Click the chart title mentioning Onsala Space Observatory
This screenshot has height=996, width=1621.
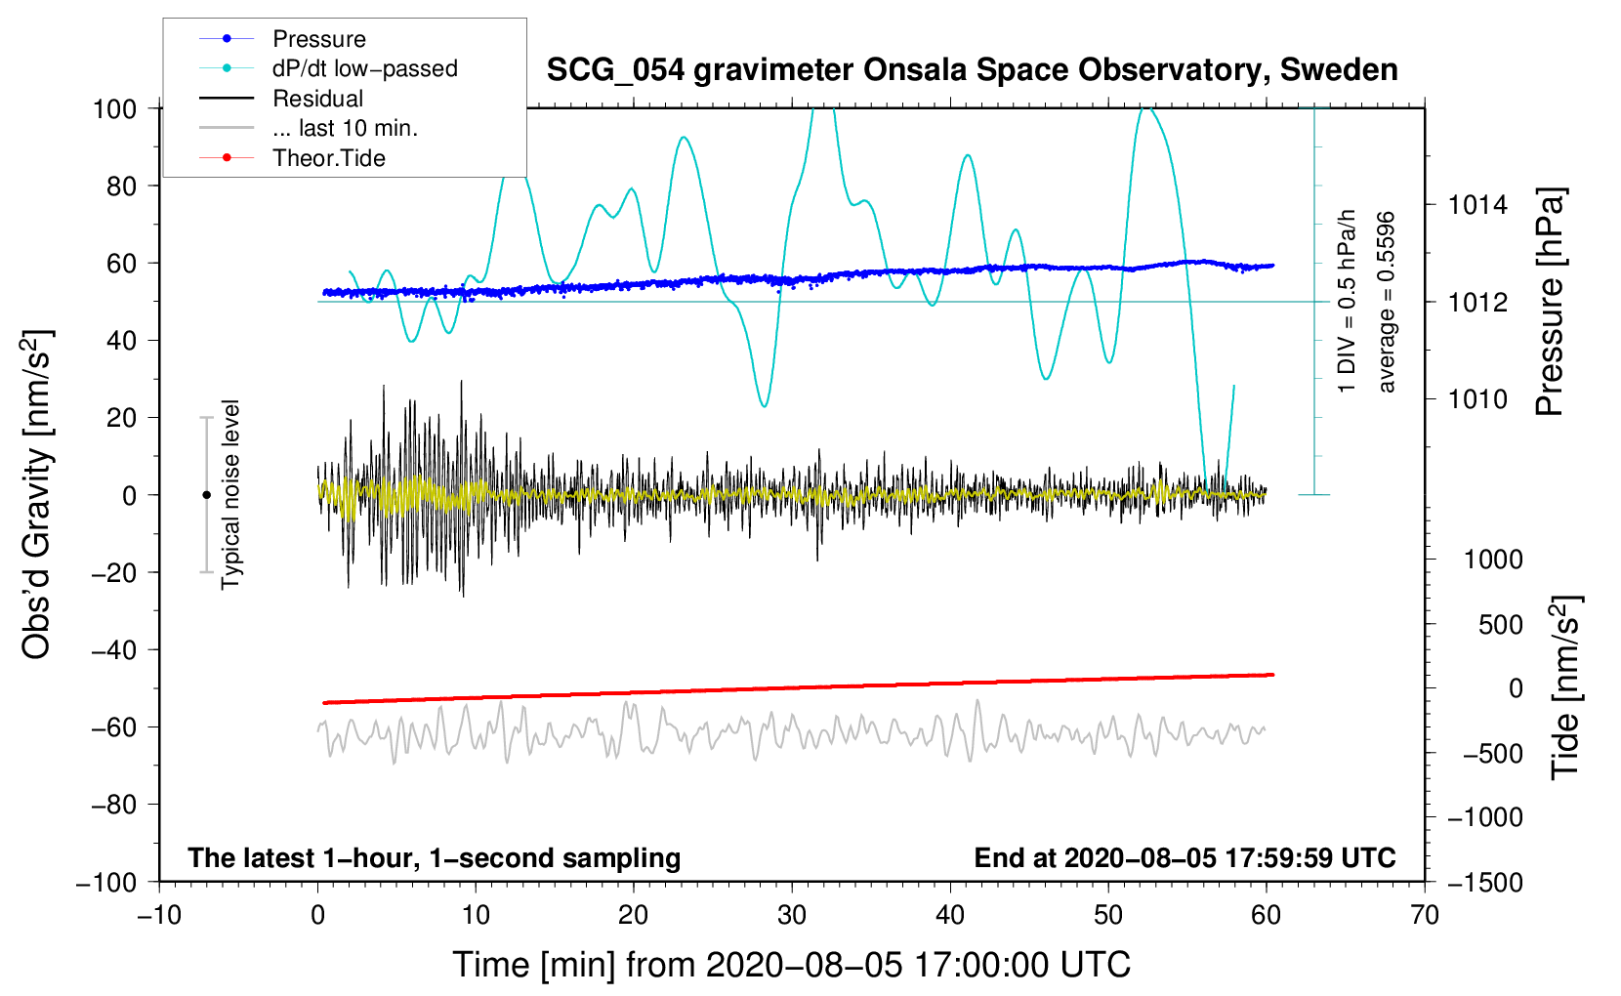[x=972, y=70]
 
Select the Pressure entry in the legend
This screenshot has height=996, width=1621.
[x=319, y=39]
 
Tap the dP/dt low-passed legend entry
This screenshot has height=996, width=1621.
[x=365, y=68]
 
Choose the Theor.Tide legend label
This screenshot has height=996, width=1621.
[x=328, y=158]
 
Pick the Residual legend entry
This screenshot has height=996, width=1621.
[x=317, y=99]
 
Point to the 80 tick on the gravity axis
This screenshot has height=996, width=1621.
[x=121, y=187]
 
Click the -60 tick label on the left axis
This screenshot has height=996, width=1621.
[x=113, y=727]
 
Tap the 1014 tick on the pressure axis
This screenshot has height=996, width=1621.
[x=1477, y=206]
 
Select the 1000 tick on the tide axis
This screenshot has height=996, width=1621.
[x=1493, y=560]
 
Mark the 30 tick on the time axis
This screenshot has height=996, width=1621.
[x=792, y=916]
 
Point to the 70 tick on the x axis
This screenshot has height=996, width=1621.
[x=1424, y=916]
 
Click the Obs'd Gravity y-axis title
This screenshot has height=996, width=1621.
[x=36, y=494]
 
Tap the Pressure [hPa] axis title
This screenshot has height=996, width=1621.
[x=1550, y=302]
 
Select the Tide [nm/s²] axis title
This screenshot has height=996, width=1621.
[x=1566, y=687]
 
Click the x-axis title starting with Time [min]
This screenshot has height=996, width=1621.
[x=792, y=965]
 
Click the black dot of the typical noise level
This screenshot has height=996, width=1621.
[x=206, y=495]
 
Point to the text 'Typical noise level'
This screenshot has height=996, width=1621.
[x=230, y=494]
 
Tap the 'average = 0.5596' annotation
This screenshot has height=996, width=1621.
[x=1386, y=303]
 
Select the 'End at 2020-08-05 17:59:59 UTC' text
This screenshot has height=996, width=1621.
[x=1185, y=858]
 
